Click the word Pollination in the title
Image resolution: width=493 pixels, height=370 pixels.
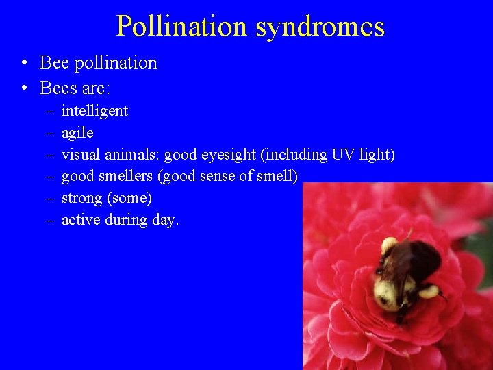pyautogui.click(x=181, y=26)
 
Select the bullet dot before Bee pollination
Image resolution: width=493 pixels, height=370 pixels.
pyautogui.click(x=24, y=64)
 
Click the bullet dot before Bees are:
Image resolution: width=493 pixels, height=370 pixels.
pyautogui.click(x=24, y=89)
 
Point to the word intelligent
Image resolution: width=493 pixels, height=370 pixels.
pyautogui.click(x=94, y=111)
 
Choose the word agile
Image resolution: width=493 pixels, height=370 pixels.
pyautogui.click(x=77, y=133)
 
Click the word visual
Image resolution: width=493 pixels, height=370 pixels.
pyautogui.click(x=81, y=155)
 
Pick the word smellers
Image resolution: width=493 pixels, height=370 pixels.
pyautogui.click(x=126, y=176)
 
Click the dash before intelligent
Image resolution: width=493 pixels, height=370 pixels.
pyautogui.click(x=51, y=111)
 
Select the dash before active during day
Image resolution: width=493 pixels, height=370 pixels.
pyautogui.click(x=51, y=220)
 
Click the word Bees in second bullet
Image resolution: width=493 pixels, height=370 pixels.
pyautogui.click(x=58, y=88)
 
